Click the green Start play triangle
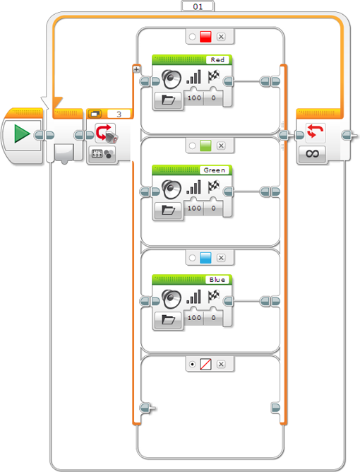click(x=22, y=134)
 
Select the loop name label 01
click(x=198, y=6)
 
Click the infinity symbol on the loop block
click(x=312, y=154)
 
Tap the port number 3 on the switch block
click(x=119, y=114)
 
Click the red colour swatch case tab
click(x=205, y=37)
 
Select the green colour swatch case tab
click(x=205, y=146)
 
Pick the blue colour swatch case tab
click(x=205, y=258)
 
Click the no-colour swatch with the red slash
click(x=205, y=364)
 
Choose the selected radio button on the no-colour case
click(x=192, y=364)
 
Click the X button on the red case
click(x=221, y=37)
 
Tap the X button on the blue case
click(x=221, y=258)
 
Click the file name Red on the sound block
click(x=217, y=60)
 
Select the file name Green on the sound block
click(x=214, y=170)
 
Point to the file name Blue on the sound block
click(x=217, y=280)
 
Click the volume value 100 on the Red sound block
click(x=194, y=98)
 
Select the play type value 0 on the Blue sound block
click(x=213, y=317)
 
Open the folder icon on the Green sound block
click(x=169, y=210)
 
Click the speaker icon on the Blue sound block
click(x=172, y=299)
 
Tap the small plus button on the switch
click(x=136, y=69)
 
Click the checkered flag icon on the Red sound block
click(x=214, y=77)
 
